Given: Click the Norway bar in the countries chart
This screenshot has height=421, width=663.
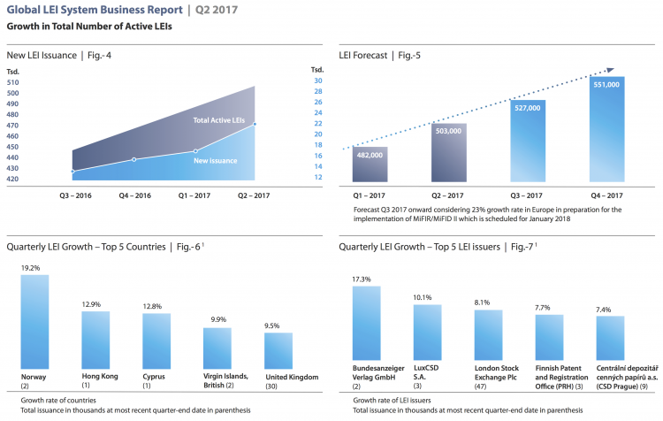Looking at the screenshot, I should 34,322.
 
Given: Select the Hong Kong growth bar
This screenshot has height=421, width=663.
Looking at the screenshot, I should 95,341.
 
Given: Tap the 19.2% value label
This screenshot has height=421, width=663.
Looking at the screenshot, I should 32,267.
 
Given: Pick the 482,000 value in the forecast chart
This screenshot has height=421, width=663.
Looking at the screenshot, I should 370,155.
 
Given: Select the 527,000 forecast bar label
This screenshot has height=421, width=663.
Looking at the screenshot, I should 528,109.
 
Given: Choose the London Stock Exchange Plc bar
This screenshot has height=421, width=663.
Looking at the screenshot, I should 488,340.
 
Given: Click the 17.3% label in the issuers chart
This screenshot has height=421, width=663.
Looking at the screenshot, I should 362,279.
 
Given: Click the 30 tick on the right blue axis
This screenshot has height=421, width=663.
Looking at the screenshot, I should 317,80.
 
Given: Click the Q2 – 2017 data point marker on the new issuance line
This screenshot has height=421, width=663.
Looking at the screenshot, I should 255,124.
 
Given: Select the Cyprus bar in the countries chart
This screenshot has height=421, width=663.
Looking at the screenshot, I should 156,341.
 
